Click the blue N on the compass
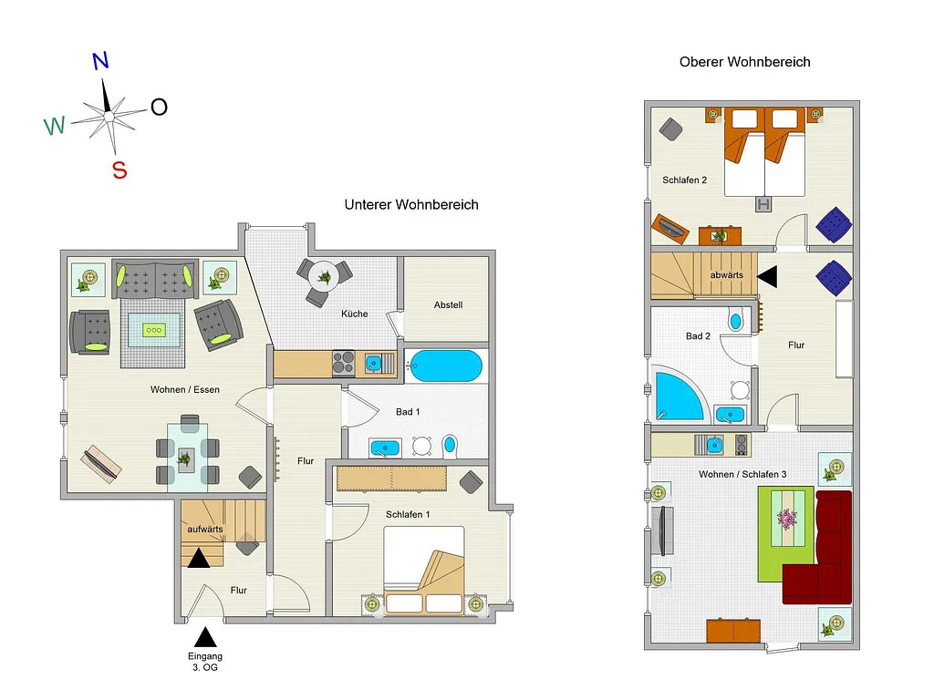coord(100,61)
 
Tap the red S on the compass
coord(119,170)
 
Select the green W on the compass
coord(54,126)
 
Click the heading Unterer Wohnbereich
coord(411,205)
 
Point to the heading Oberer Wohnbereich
coord(744,62)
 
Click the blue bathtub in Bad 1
coord(446,365)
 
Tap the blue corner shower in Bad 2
coord(678,396)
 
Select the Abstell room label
coord(448,304)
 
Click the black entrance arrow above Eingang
coord(205,637)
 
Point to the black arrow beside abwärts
coord(768,276)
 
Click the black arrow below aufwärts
coord(199,558)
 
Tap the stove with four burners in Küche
coord(344,363)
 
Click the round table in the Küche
coord(324,276)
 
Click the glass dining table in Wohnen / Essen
coord(188,457)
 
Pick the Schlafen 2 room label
coord(684,180)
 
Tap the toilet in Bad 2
coord(736,320)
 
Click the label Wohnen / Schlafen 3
coord(742,474)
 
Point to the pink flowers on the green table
coord(787,519)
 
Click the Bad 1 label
coord(408,412)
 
